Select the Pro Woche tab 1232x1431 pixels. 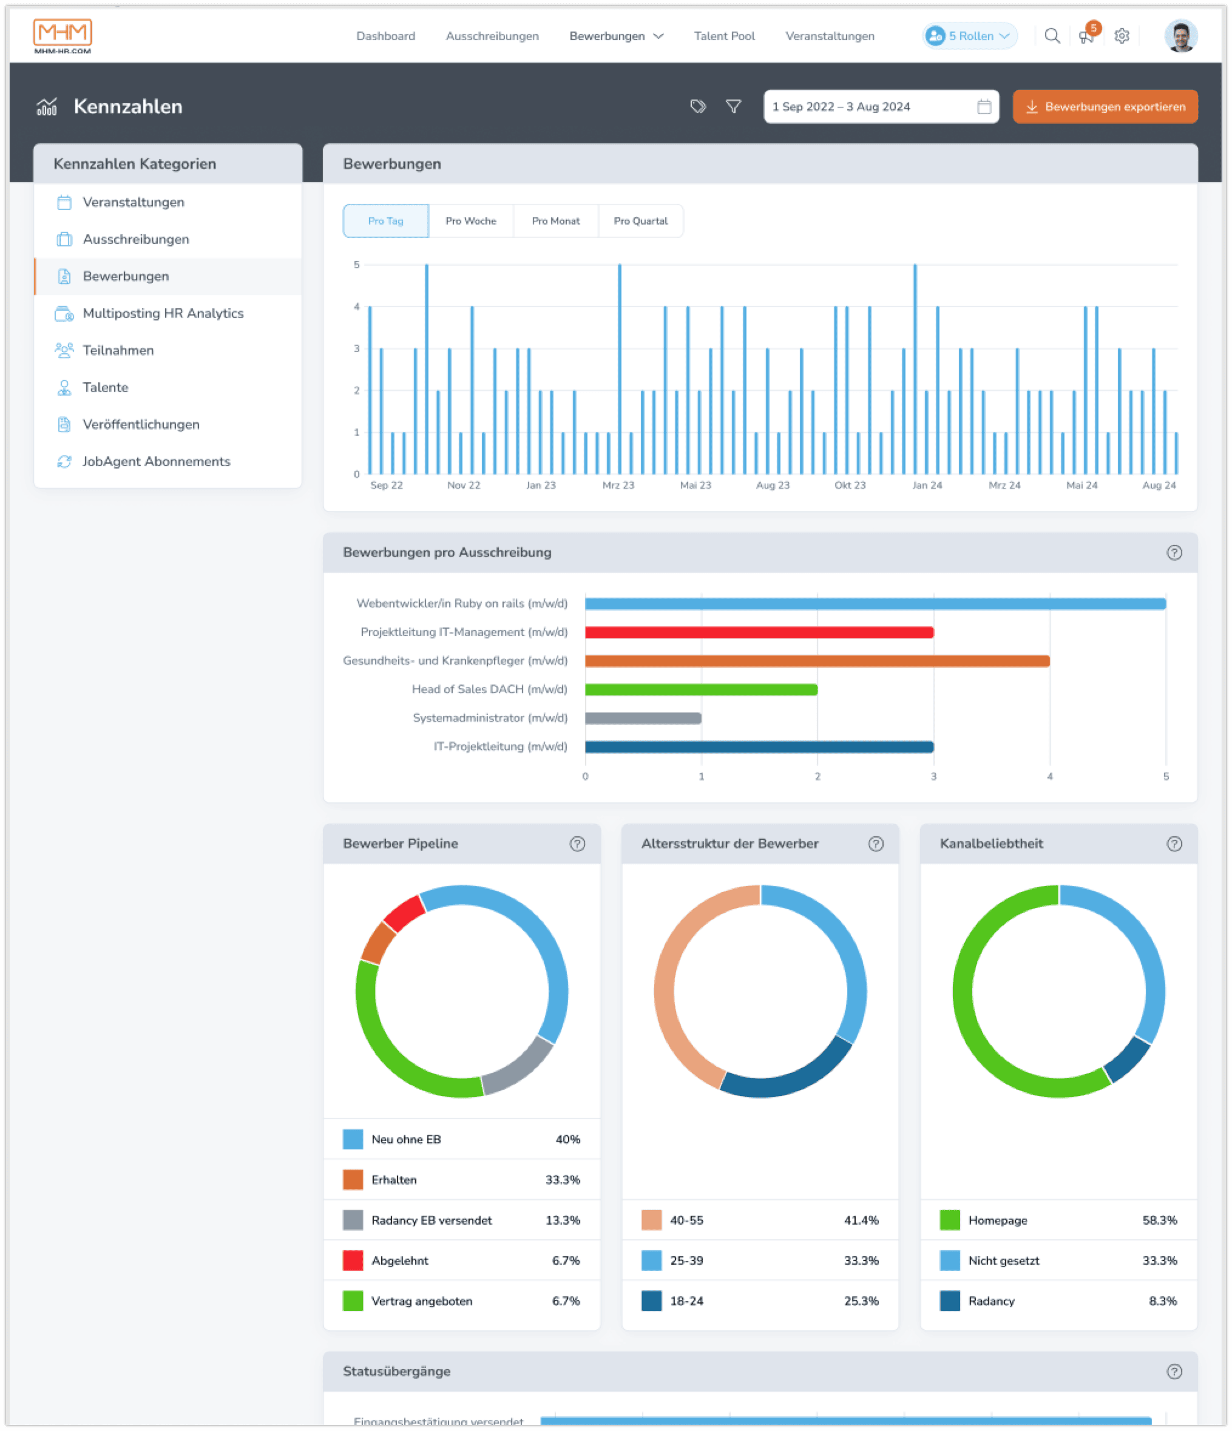pos(470,221)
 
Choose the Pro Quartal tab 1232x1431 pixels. pos(640,221)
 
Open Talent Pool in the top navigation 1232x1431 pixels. pos(724,36)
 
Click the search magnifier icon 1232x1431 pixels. pos(1052,36)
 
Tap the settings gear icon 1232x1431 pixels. pos(1122,36)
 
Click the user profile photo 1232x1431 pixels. pos(1180,36)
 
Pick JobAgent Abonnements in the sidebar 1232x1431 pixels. pos(156,461)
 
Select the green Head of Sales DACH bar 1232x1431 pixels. pos(700,689)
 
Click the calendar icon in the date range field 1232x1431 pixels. pos(983,107)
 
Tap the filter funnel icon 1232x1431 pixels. pos(733,106)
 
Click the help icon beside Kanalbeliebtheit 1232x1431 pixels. pos(1173,844)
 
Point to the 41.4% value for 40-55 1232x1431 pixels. pos(861,1220)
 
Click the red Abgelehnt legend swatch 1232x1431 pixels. pos(353,1260)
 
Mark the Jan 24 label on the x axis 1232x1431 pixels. pos(926,485)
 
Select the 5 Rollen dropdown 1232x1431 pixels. pos(970,36)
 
